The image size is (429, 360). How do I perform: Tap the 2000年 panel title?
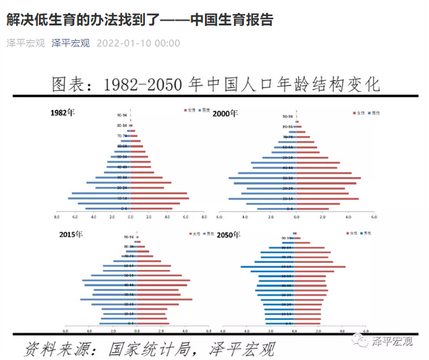[226, 113]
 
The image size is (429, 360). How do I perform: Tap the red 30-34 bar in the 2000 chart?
[328, 178]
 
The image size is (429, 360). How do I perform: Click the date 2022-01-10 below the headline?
[139, 43]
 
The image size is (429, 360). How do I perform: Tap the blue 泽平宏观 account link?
[70, 43]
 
